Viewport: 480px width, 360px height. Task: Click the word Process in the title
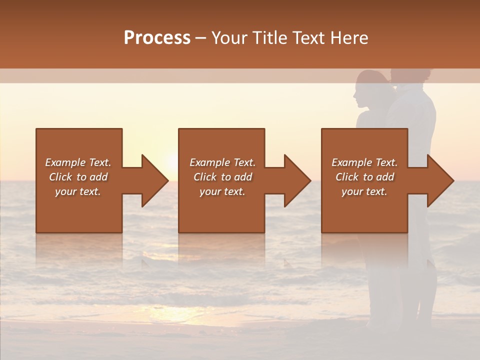(x=157, y=38)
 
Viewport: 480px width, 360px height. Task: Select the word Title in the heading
(x=268, y=38)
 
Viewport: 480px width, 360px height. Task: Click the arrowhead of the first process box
(x=152, y=180)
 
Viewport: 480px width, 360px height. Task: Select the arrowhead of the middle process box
(x=296, y=180)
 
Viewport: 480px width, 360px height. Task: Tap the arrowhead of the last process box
(x=439, y=180)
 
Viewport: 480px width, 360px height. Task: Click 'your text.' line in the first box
(x=78, y=191)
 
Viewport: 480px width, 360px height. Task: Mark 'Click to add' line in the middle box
(x=222, y=177)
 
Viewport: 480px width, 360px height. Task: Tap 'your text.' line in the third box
(x=364, y=191)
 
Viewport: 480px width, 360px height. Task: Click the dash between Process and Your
(x=201, y=38)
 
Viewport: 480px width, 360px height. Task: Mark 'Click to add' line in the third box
(x=364, y=177)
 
